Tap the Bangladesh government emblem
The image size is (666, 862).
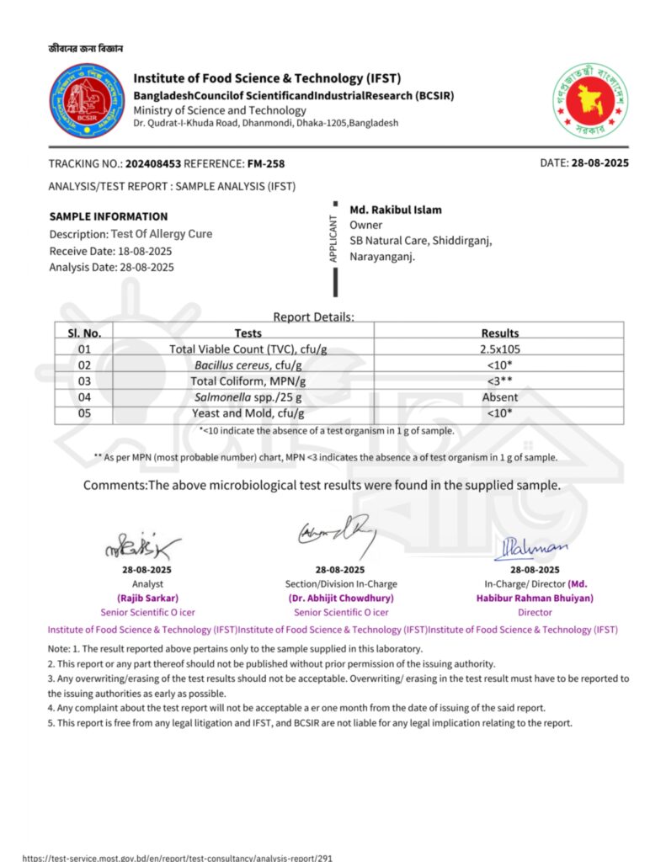[x=590, y=102]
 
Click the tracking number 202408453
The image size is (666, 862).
[x=152, y=163]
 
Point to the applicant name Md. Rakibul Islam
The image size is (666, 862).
[x=396, y=210]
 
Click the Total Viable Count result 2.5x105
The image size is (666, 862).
[x=499, y=349]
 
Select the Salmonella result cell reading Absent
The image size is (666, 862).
[x=499, y=397]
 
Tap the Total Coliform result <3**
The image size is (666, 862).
[x=499, y=381]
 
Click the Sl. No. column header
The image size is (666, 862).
[x=84, y=333]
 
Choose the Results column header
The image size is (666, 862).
[x=499, y=333]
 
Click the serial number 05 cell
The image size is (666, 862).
[x=84, y=413]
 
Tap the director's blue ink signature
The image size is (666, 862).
[x=536, y=547]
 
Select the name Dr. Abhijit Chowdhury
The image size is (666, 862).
[x=336, y=598]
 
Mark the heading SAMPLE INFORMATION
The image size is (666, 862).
[x=109, y=216]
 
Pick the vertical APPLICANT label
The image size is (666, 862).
[x=333, y=239]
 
